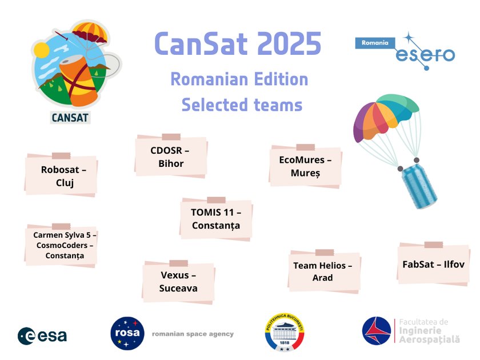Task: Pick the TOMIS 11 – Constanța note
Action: tap(216, 219)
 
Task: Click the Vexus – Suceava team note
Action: tap(178, 282)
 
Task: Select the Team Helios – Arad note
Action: tap(323, 271)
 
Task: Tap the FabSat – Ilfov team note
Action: tap(433, 265)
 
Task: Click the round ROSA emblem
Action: tap(127, 333)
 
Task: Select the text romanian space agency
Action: tap(193, 334)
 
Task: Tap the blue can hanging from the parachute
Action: tap(419, 186)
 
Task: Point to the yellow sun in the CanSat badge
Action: tap(42, 51)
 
